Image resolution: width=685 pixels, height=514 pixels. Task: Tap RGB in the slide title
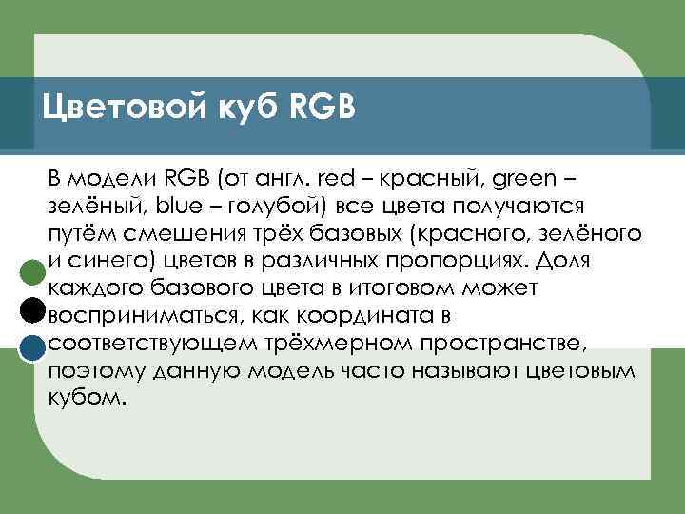(x=316, y=106)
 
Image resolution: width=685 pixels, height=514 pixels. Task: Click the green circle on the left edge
(x=31, y=271)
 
